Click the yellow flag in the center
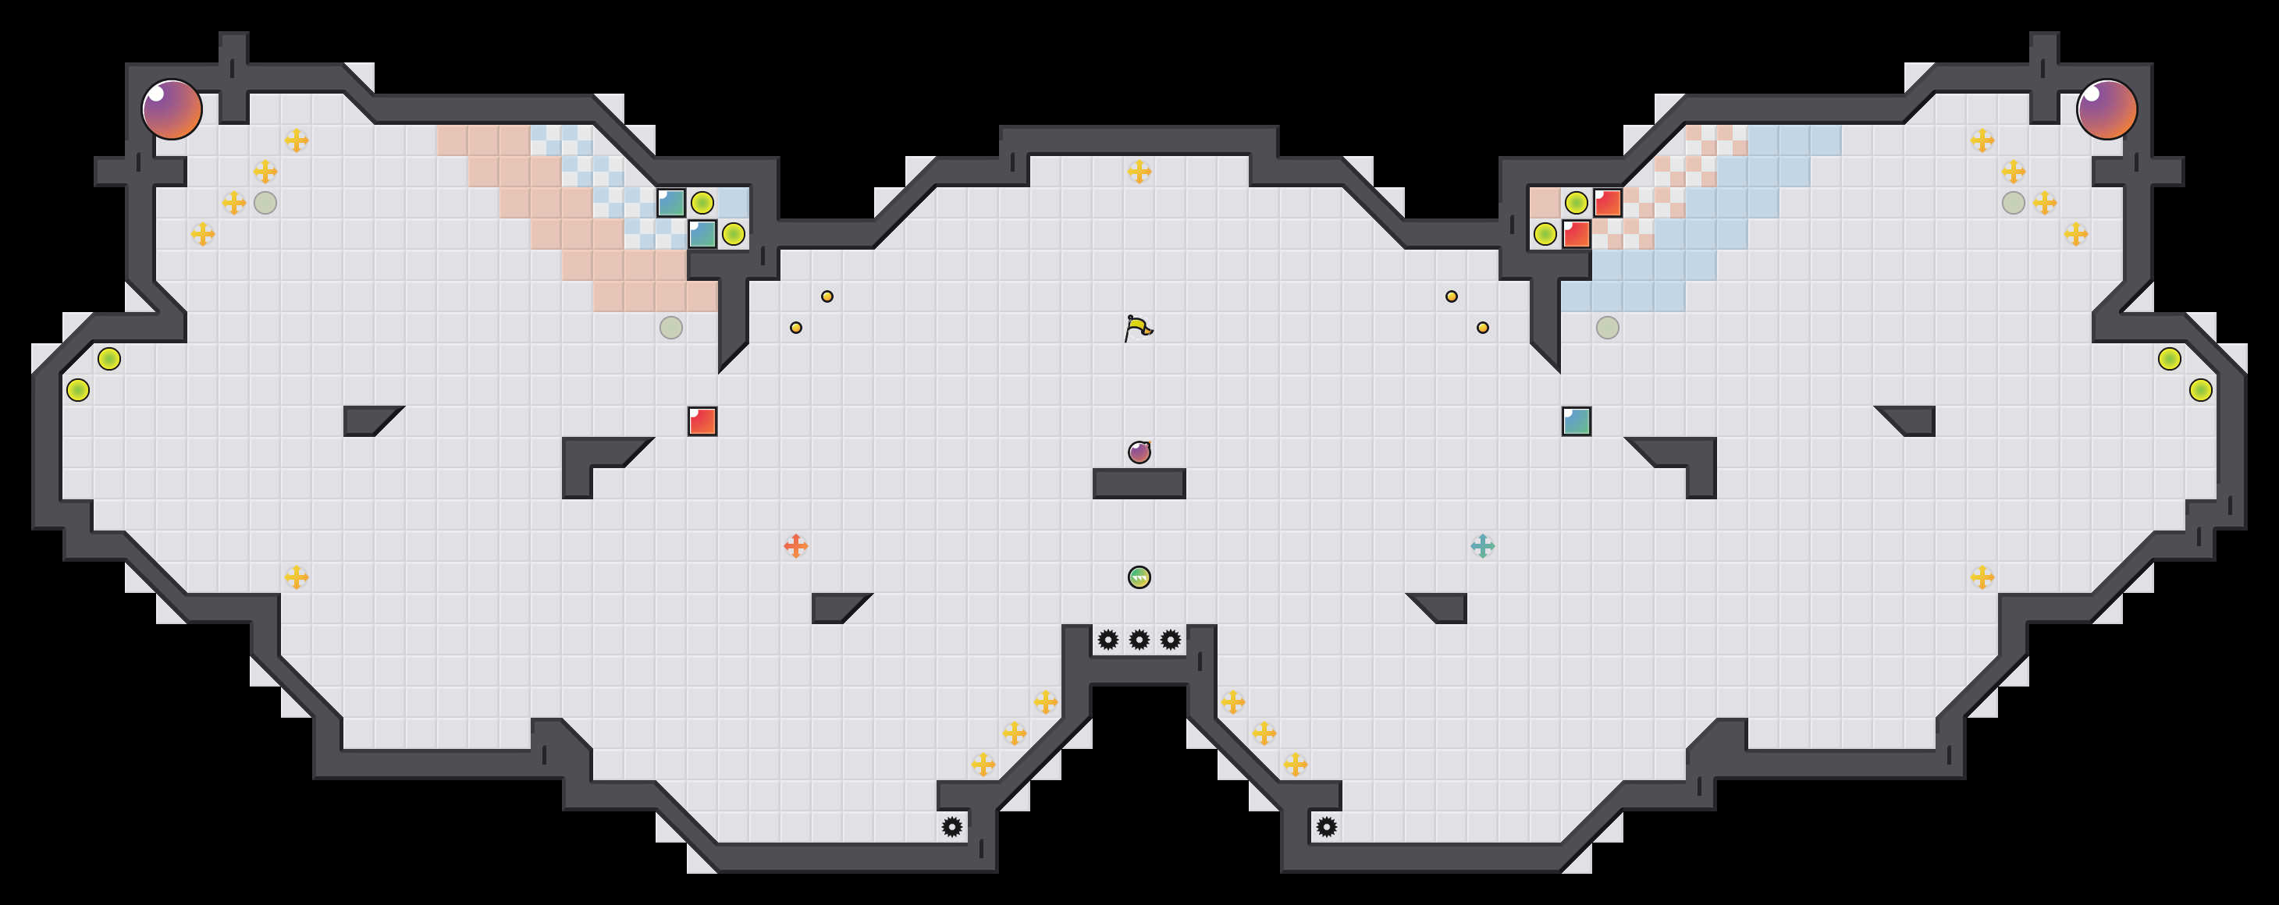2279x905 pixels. [x=1139, y=328]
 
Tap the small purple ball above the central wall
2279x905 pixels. [x=1139, y=452]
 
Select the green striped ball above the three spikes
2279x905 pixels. [x=1139, y=577]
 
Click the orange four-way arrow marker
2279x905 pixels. [x=795, y=546]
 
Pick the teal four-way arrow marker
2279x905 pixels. [x=1483, y=546]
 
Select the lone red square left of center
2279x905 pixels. [x=702, y=421]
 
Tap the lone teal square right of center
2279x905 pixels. [x=1577, y=421]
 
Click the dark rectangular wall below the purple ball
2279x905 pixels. [x=1139, y=484]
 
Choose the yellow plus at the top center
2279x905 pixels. [x=1139, y=172]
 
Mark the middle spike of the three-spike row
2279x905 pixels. [x=1139, y=640]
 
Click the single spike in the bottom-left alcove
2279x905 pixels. [x=952, y=827]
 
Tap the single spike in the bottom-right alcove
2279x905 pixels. [x=1326, y=827]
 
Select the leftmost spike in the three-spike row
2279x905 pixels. [x=1108, y=640]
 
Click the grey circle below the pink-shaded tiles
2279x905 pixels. [x=671, y=328]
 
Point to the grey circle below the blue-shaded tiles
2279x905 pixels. [x=1608, y=328]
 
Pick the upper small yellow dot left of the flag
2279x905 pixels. [x=827, y=296]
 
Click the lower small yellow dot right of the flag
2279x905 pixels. [x=1483, y=328]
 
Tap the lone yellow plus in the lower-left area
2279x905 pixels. [x=297, y=577]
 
